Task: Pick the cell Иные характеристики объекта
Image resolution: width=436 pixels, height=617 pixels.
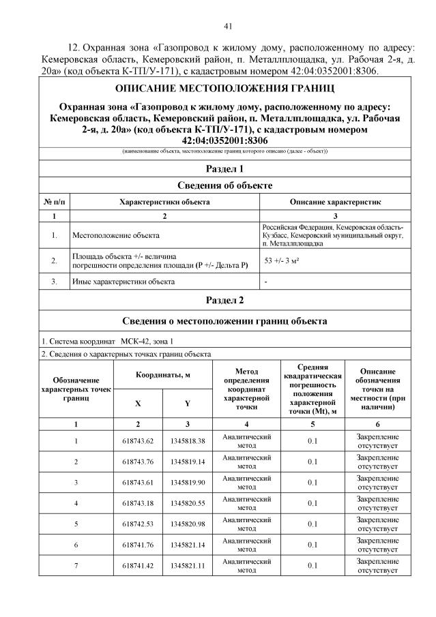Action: pyautogui.click(x=123, y=281)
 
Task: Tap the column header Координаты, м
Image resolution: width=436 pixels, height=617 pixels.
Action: pyautogui.click(x=162, y=376)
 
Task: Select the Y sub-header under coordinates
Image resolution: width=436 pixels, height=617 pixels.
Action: pyautogui.click(x=187, y=403)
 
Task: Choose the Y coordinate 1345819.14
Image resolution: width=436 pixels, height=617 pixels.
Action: pyautogui.click(x=187, y=462)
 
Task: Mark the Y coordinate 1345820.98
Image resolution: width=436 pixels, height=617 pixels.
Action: pyautogui.click(x=187, y=524)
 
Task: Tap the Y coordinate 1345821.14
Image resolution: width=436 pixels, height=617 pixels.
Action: pyautogui.click(x=187, y=545)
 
